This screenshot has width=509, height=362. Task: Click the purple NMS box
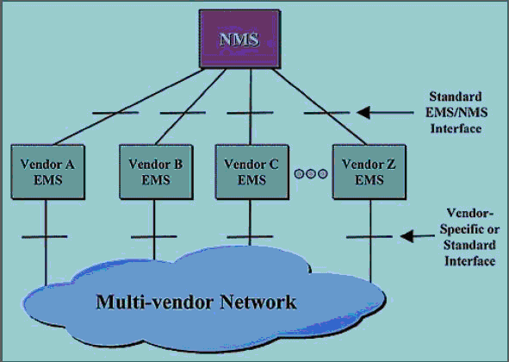click(240, 39)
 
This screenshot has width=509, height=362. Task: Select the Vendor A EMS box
click(48, 172)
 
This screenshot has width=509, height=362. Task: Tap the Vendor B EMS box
click(156, 172)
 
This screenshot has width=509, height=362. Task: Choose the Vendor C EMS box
click(251, 172)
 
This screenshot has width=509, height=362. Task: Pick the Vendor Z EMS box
click(369, 172)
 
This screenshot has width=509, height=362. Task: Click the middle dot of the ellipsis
click(311, 174)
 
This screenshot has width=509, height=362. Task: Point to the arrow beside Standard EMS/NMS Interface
click(385, 112)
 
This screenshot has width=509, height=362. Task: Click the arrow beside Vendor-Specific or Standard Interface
click(417, 236)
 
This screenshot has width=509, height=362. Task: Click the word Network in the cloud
click(258, 302)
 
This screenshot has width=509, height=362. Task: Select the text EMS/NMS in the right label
click(456, 112)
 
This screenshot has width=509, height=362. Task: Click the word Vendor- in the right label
click(469, 213)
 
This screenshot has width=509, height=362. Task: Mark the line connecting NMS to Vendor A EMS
click(129, 107)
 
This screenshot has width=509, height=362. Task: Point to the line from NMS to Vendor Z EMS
click(320, 107)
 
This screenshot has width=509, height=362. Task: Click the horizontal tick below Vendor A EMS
click(45, 237)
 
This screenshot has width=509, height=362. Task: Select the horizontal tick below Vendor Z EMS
click(369, 237)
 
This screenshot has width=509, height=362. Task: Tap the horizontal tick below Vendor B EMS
click(154, 237)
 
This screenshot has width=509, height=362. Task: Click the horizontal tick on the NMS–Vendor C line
click(250, 113)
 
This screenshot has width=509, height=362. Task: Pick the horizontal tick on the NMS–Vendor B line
click(183, 113)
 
